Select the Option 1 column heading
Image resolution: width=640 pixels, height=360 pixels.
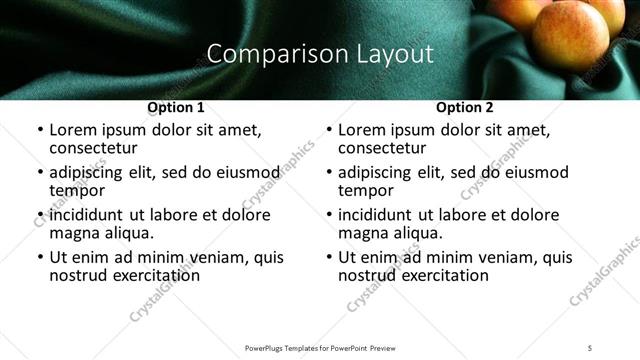tap(176, 107)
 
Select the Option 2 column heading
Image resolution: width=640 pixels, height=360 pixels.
tap(465, 107)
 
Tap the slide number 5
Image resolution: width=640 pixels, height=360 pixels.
tap(590, 347)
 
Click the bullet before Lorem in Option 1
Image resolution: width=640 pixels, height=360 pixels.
tap(39, 130)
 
